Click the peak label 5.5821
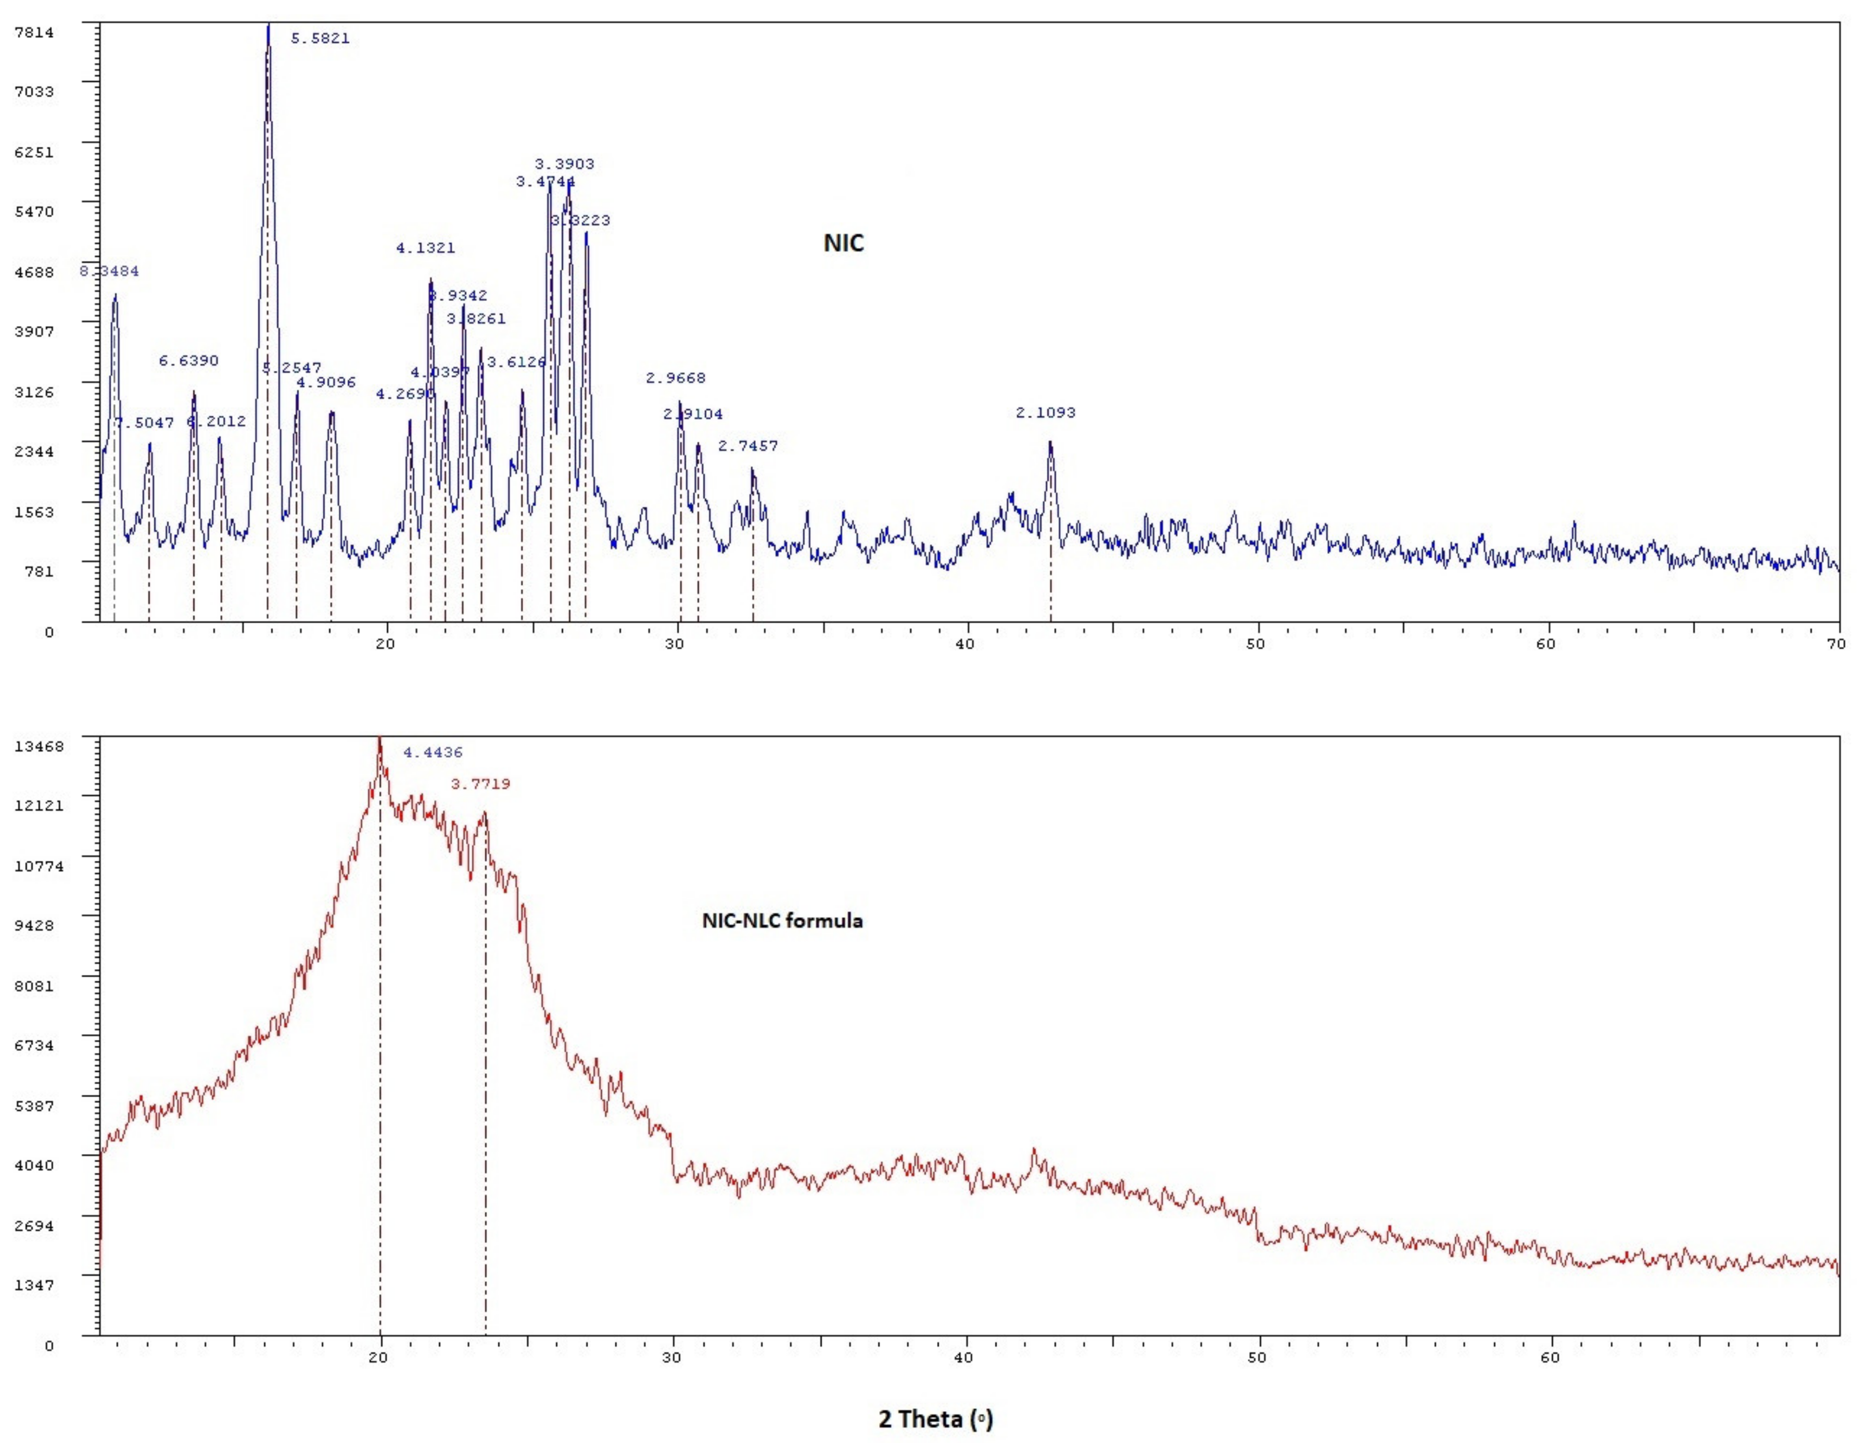point(320,39)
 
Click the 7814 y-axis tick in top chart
point(34,32)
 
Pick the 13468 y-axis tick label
point(39,746)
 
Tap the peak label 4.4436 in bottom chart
point(433,752)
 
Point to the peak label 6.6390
point(189,360)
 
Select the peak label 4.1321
point(425,248)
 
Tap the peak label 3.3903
point(564,164)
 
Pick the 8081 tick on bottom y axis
point(34,986)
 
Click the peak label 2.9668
point(676,378)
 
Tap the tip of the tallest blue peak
point(268,26)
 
